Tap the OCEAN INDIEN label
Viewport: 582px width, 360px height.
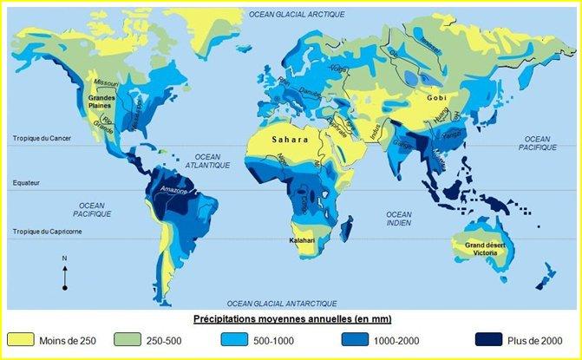pyautogui.click(x=398, y=219)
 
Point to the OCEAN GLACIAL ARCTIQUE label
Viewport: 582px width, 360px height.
pyautogui.click(x=296, y=15)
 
